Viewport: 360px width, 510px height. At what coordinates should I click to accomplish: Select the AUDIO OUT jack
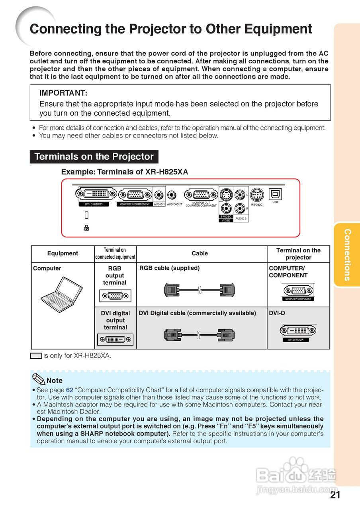click(x=172, y=195)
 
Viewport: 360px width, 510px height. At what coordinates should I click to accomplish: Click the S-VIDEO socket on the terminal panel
click(x=226, y=195)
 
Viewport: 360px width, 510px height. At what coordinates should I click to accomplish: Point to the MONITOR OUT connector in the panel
click(x=201, y=195)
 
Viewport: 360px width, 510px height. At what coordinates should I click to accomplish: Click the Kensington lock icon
click(x=86, y=228)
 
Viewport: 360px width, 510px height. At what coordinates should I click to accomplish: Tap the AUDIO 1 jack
click(x=160, y=195)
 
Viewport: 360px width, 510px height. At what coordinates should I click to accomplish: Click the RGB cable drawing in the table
click(x=200, y=290)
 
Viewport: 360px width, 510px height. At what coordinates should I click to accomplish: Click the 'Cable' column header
click(x=200, y=253)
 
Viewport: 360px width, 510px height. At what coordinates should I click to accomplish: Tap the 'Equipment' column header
click(x=63, y=253)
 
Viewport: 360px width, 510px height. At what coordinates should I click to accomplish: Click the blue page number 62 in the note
click(x=69, y=390)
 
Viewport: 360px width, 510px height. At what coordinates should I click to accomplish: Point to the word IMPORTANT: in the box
click(x=63, y=93)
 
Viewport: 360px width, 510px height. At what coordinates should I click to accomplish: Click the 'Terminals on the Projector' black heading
click(x=94, y=157)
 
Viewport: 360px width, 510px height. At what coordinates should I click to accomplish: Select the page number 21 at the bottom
click(x=335, y=495)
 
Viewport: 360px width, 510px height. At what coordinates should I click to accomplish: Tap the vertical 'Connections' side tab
click(x=347, y=255)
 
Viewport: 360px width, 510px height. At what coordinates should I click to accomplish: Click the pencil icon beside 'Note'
click(x=39, y=379)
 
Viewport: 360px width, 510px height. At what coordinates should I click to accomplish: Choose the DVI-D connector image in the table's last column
click(x=298, y=331)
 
